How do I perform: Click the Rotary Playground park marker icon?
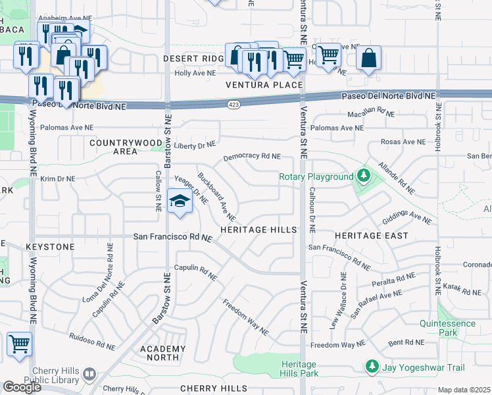[x=362, y=176]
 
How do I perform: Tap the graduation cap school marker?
[x=179, y=202]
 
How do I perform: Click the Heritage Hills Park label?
[x=299, y=369]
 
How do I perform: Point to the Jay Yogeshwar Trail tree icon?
[x=372, y=365]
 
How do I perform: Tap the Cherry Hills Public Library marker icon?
[x=89, y=374]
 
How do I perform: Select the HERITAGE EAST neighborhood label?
[x=371, y=235]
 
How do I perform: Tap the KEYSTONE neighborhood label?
[x=50, y=246]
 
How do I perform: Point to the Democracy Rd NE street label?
[x=252, y=157]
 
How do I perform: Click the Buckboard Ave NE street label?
[x=216, y=197]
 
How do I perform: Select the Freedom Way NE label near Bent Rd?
[x=337, y=344]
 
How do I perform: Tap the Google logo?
[x=21, y=387]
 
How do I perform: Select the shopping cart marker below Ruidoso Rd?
[x=19, y=345]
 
